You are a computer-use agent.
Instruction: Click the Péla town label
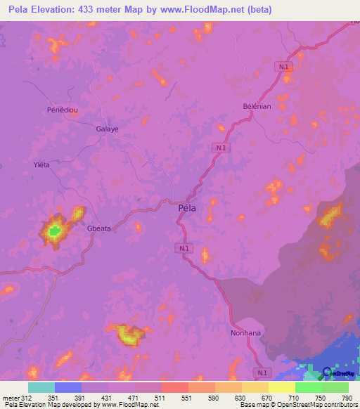187,207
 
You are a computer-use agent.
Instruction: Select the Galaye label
107,129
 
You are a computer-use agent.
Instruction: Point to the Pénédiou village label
60,111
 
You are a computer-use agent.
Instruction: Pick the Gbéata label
99,228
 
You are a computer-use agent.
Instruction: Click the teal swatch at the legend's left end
41,387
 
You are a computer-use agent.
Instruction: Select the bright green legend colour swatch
309,387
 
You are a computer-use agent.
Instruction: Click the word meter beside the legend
12,397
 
